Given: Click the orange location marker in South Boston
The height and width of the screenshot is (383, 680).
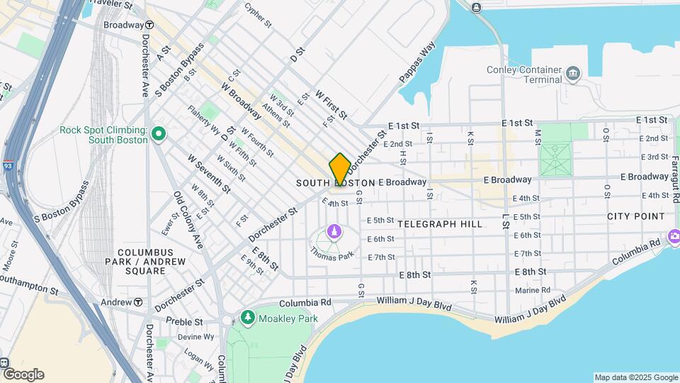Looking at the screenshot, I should [x=339, y=169].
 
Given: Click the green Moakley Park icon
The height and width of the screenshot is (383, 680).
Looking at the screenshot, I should [x=247, y=316].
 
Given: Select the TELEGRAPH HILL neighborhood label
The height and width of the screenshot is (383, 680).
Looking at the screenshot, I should [x=439, y=224].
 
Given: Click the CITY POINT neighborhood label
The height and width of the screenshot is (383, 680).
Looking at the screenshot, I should [x=635, y=216].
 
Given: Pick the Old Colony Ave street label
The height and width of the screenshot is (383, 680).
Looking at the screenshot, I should [x=188, y=221].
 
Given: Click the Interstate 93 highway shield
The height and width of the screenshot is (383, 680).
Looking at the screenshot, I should [x=7, y=166].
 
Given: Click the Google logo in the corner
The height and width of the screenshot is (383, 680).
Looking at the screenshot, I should [x=23, y=374].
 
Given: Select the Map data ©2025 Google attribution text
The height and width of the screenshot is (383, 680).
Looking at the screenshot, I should [x=635, y=377].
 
